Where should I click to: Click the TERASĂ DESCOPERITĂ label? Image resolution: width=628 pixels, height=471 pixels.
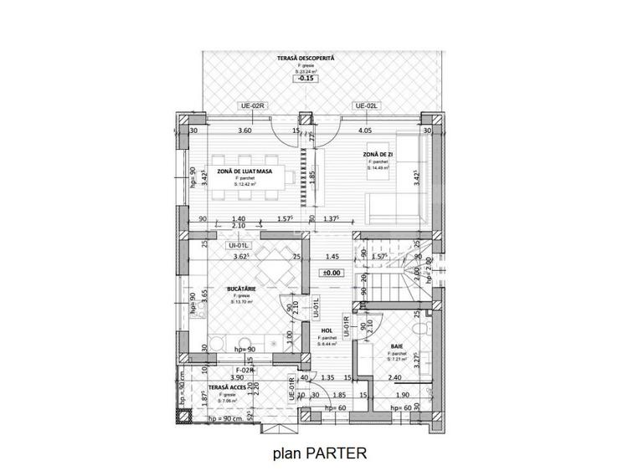(306, 58)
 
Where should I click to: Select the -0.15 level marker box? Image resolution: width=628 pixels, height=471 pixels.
(306, 79)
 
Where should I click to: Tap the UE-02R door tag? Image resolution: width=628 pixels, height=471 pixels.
(252, 106)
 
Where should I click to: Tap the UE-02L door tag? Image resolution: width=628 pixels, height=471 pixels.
(367, 106)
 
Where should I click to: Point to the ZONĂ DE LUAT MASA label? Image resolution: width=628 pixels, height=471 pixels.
(244, 171)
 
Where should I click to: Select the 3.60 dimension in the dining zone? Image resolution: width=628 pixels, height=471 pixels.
(245, 131)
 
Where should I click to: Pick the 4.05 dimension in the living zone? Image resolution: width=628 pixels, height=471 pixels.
(365, 131)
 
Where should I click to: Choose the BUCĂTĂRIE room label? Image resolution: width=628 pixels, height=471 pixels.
(241, 289)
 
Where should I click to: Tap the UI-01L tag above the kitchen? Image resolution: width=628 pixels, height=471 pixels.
(240, 245)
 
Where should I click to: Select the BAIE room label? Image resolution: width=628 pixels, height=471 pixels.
(397, 346)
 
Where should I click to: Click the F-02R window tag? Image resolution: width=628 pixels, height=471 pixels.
(245, 369)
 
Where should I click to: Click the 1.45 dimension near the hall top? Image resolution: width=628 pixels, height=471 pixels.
(332, 257)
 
